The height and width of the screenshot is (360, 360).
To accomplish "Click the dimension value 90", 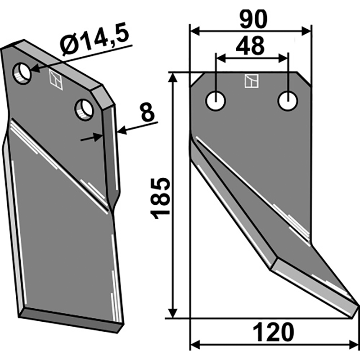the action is click(x=253, y=19).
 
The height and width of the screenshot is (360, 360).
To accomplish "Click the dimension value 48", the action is click(x=250, y=46).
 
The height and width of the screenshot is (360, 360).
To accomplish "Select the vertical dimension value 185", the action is click(x=160, y=198).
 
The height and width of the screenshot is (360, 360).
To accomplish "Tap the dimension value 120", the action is click(x=274, y=332).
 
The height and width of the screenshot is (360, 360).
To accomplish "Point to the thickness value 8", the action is click(x=148, y=112).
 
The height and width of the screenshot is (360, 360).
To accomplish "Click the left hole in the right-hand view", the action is click(x=216, y=101).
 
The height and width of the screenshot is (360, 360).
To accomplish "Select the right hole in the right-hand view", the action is click(x=288, y=101).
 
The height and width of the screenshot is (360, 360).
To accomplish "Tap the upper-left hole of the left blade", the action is click(x=22, y=73).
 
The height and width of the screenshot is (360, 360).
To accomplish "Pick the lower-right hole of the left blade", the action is click(x=84, y=110).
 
